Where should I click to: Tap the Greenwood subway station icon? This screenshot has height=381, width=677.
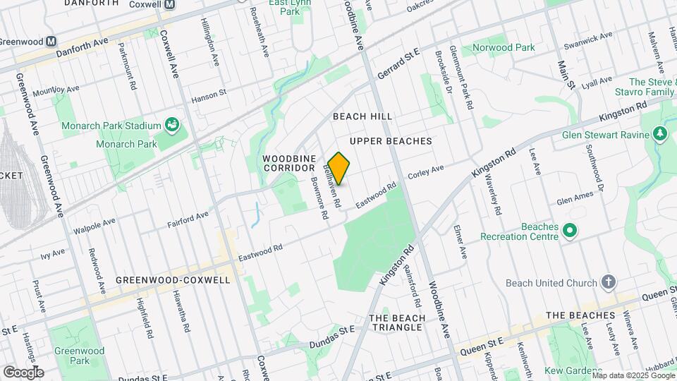coord(51,41)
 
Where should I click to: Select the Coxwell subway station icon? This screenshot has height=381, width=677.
coord(169,4)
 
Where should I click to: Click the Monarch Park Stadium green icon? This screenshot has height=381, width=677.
coord(172,126)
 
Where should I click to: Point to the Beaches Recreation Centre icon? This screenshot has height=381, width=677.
coord(570,231)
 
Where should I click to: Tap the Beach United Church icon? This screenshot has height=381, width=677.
coord(609,283)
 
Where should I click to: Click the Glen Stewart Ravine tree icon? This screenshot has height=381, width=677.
coord(660,133)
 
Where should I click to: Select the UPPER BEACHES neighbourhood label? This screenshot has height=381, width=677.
coord(390,141)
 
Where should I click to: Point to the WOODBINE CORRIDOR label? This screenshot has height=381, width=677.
coord(288,163)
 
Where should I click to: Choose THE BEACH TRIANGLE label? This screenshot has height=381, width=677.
coord(397,322)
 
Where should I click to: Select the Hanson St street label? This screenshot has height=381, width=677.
coord(208,92)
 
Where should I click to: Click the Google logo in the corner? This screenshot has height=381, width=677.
coord(23,372)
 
